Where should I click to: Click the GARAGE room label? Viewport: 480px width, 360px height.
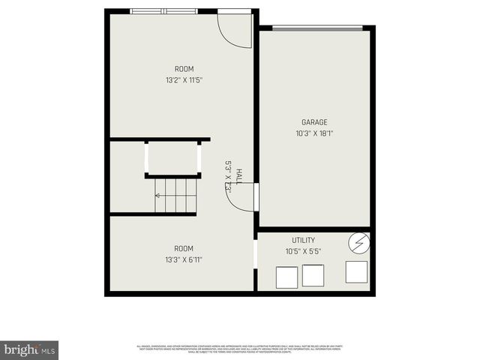pos(314,122)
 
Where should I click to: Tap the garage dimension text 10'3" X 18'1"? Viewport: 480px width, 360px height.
pos(314,133)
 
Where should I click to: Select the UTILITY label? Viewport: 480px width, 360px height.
pos(303,240)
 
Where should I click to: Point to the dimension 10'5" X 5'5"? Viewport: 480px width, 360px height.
pos(303,252)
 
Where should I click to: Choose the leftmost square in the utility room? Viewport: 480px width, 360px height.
pos(287,277)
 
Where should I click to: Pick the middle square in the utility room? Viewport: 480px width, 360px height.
pos(313,275)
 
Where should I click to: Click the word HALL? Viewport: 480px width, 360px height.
pos(238,176)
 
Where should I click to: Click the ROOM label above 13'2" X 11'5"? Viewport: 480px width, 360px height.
pos(184,69)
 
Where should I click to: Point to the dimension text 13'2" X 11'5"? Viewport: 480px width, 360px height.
pos(184,80)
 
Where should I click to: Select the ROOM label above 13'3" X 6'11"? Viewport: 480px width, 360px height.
pos(184,248)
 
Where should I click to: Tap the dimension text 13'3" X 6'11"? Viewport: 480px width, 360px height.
pos(184,260)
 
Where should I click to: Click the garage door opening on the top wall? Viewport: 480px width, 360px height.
pos(316,28)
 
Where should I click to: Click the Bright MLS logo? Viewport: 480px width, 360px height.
pos(29,349)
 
